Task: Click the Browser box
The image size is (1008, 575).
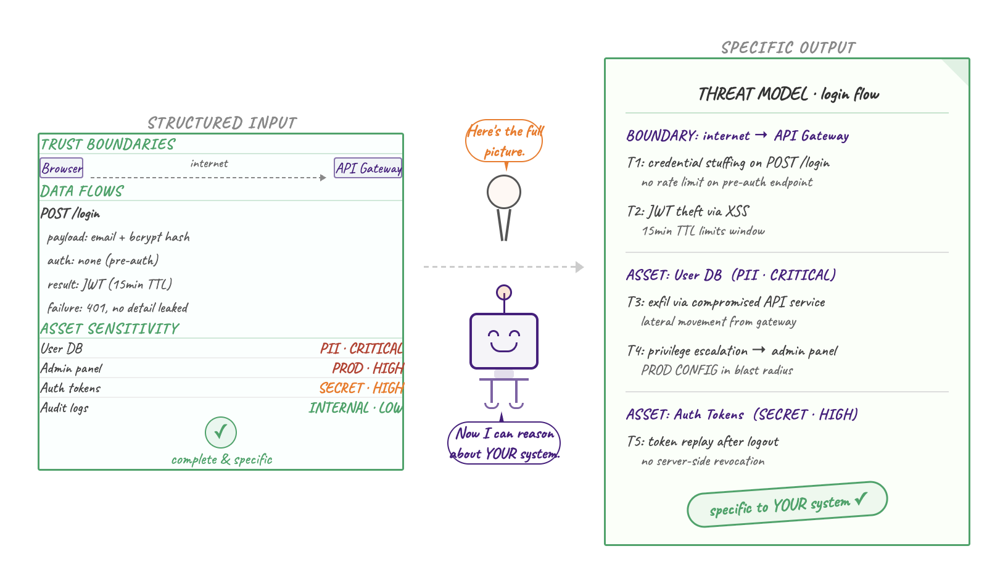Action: (x=62, y=168)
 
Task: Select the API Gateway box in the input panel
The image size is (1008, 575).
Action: (x=368, y=168)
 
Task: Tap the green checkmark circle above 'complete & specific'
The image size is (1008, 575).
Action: (x=221, y=432)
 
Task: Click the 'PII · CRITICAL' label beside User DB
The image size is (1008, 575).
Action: (x=361, y=349)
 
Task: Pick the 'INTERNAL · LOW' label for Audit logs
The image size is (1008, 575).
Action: (x=355, y=408)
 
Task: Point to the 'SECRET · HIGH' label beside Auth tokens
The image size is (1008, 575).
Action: (x=361, y=388)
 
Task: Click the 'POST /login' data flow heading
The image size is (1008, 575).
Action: (x=70, y=214)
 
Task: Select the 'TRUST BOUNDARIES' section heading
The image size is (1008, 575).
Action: (x=108, y=144)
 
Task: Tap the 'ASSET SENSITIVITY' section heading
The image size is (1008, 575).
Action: (x=110, y=329)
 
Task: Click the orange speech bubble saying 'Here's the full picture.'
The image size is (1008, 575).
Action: (x=504, y=141)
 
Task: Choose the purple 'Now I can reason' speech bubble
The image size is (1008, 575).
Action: (x=504, y=443)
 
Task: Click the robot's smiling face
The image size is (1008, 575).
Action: (x=504, y=341)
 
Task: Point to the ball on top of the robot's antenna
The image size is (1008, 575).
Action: (x=504, y=292)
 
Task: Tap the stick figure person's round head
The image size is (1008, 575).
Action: (x=504, y=192)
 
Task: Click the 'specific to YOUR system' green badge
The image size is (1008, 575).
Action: (x=787, y=505)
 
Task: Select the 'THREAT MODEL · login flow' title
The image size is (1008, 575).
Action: (x=788, y=94)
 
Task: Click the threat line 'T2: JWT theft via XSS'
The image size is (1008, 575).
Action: (x=687, y=212)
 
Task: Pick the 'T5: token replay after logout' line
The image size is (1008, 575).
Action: (x=703, y=442)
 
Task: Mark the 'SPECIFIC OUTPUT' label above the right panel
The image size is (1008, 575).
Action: (x=788, y=48)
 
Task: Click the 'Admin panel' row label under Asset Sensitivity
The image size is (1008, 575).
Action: (x=72, y=368)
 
